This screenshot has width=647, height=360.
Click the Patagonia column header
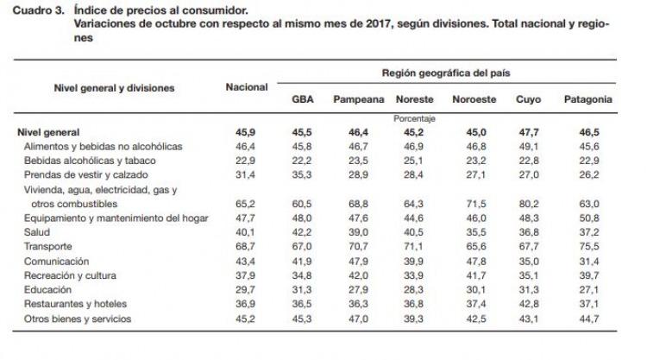(x=588, y=99)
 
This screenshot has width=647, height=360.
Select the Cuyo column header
(x=528, y=99)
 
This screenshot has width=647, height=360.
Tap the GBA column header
(x=303, y=99)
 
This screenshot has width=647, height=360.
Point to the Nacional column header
(x=247, y=87)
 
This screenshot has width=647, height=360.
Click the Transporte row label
(x=47, y=246)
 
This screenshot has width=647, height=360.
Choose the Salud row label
(x=37, y=232)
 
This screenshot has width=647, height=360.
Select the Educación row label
(x=47, y=290)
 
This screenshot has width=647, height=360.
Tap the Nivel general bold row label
(x=48, y=133)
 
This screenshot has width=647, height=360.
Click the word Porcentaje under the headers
(x=414, y=119)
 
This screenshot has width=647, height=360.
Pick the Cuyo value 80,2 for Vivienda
(x=529, y=204)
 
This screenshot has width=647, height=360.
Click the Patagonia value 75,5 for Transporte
(x=589, y=246)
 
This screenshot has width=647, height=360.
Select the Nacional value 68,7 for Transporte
(x=246, y=246)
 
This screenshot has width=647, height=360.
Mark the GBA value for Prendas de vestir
(x=302, y=175)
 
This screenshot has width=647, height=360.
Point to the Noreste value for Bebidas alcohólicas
(x=413, y=161)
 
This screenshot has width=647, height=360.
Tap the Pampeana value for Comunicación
(x=358, y=262)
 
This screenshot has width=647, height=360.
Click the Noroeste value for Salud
(x=476, y=232)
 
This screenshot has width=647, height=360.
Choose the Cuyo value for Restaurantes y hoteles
(x=529, y=304)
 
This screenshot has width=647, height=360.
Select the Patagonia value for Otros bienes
(x=589, y=319)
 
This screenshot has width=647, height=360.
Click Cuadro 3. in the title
(x=38, y=9)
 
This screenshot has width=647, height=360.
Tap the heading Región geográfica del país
(x=446, y=73)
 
